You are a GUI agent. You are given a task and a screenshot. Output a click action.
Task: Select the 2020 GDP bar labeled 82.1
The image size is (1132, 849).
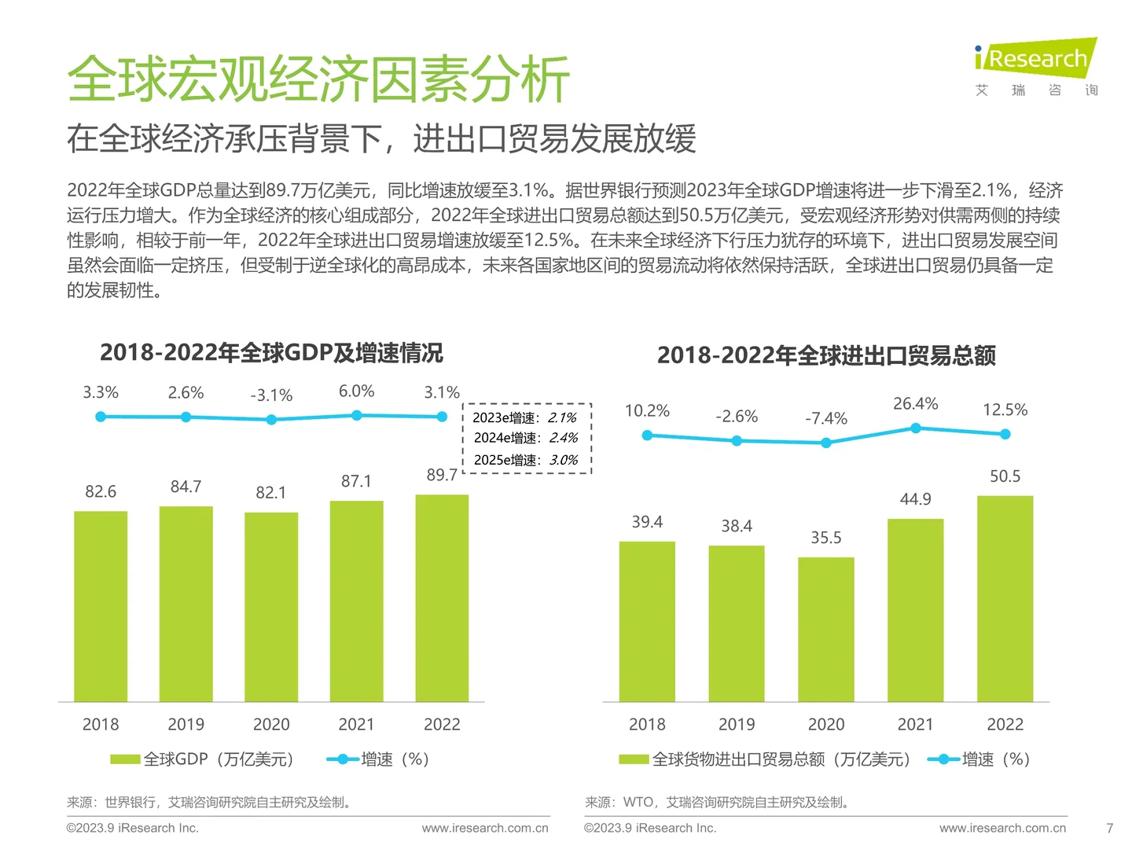pos(271,606)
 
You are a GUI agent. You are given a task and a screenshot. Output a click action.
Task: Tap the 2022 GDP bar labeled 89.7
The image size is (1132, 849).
pos(442,597)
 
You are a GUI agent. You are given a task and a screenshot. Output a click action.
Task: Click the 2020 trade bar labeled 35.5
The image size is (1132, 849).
pos(826,629)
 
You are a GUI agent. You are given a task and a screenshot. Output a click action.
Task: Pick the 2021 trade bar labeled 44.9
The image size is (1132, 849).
pos(915,610)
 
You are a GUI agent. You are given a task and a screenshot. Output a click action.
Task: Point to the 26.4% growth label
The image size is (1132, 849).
pos(915,403)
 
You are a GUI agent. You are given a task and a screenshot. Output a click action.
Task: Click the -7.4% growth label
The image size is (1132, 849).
pos(826,419)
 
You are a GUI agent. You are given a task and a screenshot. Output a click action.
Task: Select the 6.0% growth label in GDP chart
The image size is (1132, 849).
pos(356,391)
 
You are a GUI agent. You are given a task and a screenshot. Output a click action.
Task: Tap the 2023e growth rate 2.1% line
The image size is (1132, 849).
pos(525,417)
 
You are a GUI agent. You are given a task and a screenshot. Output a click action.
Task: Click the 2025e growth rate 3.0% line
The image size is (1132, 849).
pos(525,460)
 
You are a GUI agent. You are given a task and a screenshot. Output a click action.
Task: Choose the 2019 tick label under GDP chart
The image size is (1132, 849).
pos(186,724)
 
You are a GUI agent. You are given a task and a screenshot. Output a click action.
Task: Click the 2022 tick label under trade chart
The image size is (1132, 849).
pos(1005,724)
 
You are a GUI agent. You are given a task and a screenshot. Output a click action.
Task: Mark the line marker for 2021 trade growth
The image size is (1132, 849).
pos(915,428)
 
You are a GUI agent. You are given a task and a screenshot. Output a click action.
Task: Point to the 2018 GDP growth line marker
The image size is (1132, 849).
pos(101,417)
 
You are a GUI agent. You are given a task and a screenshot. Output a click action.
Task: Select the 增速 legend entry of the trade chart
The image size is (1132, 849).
pos(980,759)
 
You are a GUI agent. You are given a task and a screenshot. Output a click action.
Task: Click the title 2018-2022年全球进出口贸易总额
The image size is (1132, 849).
pos(826,356)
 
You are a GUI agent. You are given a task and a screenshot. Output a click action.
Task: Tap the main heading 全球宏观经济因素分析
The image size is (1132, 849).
pos(318,79)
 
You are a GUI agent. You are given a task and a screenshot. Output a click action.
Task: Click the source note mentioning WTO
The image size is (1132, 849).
pos(716,802)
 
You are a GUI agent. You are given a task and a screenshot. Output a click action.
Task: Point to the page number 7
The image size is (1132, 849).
pos(1109,828)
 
